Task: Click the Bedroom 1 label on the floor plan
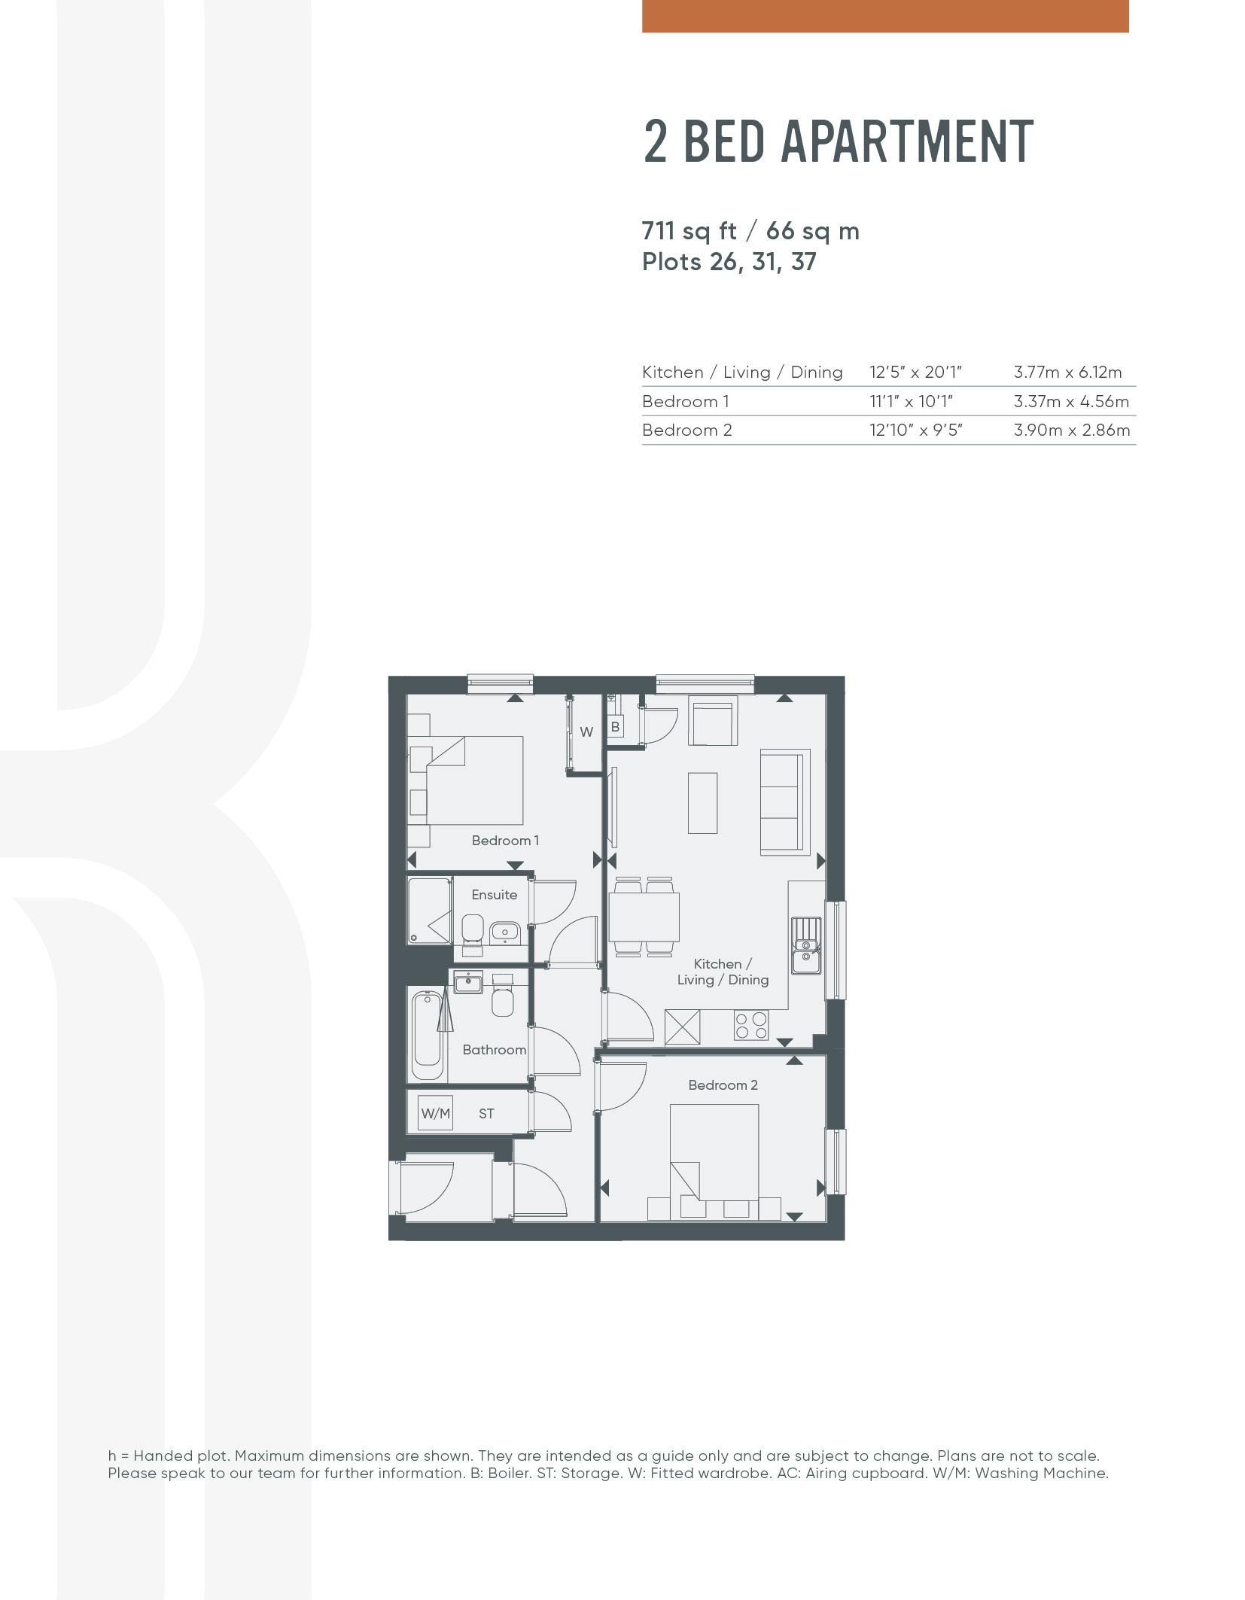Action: [x=505, y=840]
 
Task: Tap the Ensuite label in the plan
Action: [x=494, y=894]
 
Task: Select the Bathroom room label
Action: [x=494, y=1049]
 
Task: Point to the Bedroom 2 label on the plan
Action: [x=723, y=1084]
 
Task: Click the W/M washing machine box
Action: [x=435, y=1113]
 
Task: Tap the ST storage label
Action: [x=486, y=1113]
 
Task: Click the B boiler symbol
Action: [x=615, y=727]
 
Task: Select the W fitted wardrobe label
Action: [x=586, y=732]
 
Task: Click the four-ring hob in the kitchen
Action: [x=751, y=1024]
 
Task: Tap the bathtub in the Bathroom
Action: [x=427, y=1037]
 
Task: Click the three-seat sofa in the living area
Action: [x=785, y=802]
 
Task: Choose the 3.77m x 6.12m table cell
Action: [x=1067, y=372]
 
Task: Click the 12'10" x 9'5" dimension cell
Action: [x=916, y=430]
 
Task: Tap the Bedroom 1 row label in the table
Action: [x=685, y=401]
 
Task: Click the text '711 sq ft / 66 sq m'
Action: [x=750, y=230]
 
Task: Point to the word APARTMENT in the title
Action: [x=906, y=141]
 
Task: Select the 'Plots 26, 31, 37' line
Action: [x=729, y=262]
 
